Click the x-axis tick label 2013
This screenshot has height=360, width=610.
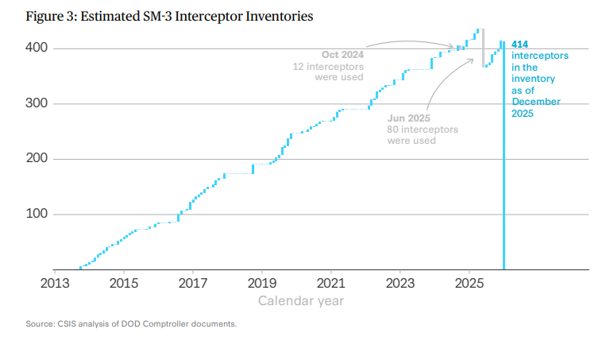54,283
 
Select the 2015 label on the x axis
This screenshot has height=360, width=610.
123,283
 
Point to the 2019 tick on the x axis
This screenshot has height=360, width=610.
262,283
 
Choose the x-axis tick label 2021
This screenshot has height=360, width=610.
331,283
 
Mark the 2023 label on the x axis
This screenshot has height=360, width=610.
400,283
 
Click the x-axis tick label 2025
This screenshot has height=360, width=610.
469,283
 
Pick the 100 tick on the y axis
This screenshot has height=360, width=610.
33,215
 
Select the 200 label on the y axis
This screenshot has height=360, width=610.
33,159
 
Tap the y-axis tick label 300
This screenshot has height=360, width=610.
33,104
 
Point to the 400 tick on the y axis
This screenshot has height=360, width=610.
33,48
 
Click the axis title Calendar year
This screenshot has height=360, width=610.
301,301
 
